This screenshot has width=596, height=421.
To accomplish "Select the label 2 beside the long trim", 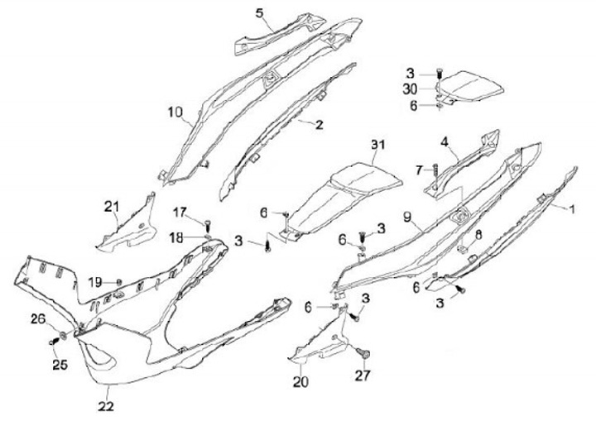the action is tap(320, 124).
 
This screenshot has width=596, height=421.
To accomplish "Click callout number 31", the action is tap(378, 146).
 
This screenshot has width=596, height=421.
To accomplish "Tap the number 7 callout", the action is tap(419, 170).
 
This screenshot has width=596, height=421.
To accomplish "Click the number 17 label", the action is tap(180, 211).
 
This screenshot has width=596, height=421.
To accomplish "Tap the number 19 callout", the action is tap(95, 282).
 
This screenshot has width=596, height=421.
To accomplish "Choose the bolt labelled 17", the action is tap(208, 223).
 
